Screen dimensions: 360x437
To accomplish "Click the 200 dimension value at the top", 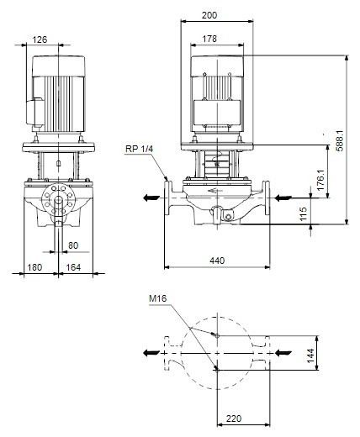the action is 209,15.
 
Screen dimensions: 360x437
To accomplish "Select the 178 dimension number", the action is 209,39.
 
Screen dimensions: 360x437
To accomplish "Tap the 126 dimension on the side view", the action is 40,39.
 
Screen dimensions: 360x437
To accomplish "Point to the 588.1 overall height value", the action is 340,140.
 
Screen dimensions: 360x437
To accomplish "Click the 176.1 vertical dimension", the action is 320,180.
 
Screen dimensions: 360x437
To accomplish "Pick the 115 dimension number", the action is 303,213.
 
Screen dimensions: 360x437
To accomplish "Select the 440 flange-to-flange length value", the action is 217,261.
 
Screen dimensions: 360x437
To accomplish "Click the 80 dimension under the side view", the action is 73,245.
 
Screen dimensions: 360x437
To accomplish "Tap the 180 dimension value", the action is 34,267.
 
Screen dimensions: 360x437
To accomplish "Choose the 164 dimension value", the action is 73,267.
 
